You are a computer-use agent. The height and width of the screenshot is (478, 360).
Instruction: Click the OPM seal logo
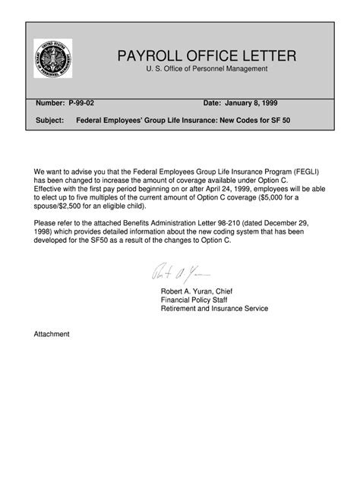[x=54, y=58]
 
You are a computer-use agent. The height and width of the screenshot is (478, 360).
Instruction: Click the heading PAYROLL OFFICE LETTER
[x=207, y=56]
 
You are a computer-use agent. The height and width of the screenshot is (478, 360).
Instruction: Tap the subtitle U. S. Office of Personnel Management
[x=207, y=70]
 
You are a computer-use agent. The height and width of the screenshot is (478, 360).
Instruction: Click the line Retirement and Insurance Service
[x=214, y=308]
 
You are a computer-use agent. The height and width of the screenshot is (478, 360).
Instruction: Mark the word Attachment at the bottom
[x=52, y=333]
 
